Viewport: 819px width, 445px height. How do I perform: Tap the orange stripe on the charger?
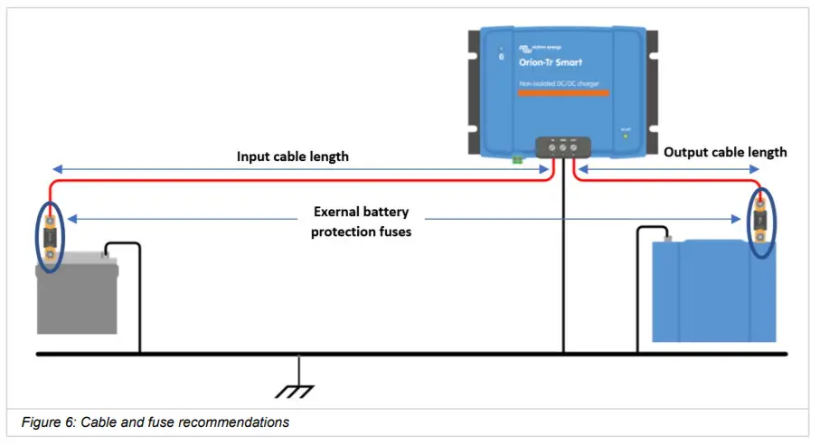click(x=563, y=93)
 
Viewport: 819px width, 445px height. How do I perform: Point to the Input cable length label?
click(x=293, y=156)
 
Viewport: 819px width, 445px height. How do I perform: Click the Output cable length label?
click(x=725, y=152)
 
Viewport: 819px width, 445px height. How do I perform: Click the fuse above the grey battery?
click(x=49, y=238)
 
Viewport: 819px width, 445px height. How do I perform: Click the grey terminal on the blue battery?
click(x=668, y=237)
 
